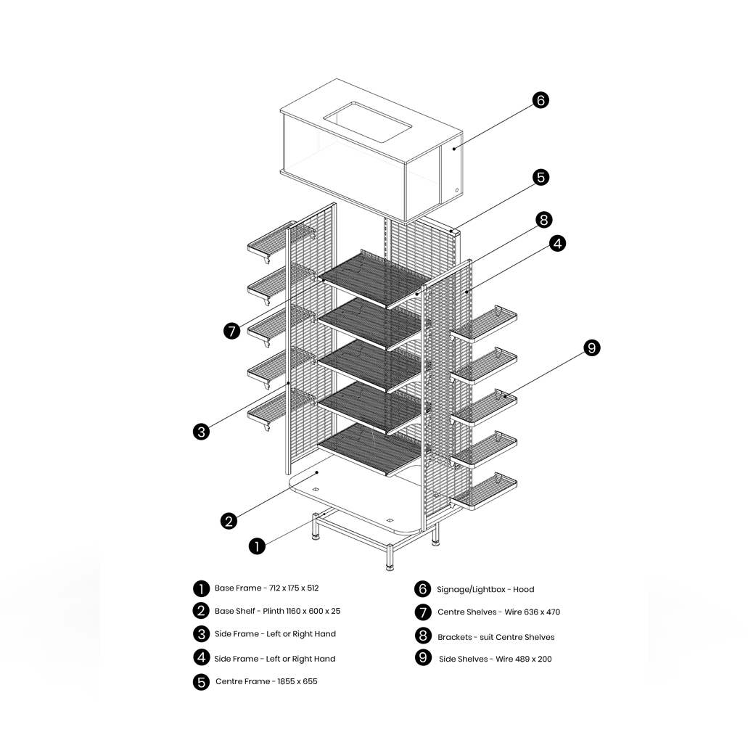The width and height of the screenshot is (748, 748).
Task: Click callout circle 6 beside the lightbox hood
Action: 541,100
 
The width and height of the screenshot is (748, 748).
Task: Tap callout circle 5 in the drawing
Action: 541,177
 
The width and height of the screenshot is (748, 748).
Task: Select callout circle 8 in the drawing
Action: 544,219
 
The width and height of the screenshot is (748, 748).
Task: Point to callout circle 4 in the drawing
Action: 557,244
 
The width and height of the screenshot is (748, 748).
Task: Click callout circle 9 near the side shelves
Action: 592,348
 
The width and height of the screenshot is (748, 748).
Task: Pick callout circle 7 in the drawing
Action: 232,331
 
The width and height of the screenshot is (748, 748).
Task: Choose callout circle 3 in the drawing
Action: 202,432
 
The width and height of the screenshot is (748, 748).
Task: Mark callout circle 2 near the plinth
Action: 229,521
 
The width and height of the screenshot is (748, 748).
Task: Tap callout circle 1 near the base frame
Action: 256,546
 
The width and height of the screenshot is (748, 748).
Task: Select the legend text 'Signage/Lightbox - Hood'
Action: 485,589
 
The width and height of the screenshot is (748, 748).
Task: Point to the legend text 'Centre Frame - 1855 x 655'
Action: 266,682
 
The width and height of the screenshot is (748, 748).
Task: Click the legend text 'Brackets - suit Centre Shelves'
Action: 496,637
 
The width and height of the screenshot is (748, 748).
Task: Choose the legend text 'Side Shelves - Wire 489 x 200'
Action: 495,659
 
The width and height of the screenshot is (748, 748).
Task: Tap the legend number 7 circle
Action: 423,612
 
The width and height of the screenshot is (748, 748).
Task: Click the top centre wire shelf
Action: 370,278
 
